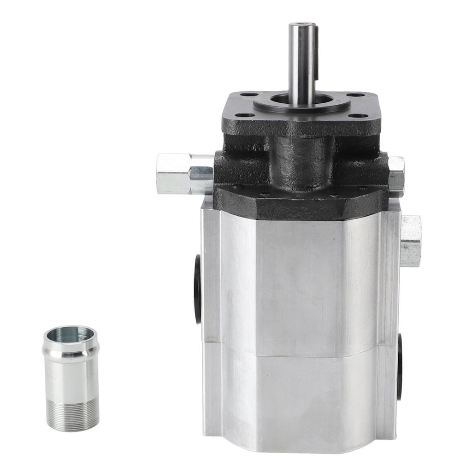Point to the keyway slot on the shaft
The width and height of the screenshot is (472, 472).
[316, 51]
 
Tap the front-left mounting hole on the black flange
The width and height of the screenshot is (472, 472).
[245, 115]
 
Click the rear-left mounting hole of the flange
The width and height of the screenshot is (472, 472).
[249, 94]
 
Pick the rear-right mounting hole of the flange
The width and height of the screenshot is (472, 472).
[355, 95]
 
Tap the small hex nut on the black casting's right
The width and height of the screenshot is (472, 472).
[396, 174]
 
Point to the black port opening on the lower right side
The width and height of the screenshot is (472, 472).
[400, 366]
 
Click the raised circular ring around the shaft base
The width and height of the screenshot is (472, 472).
[302, 106]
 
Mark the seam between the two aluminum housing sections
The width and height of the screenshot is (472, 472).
[300, 350]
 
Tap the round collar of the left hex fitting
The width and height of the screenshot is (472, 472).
[202, 173]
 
